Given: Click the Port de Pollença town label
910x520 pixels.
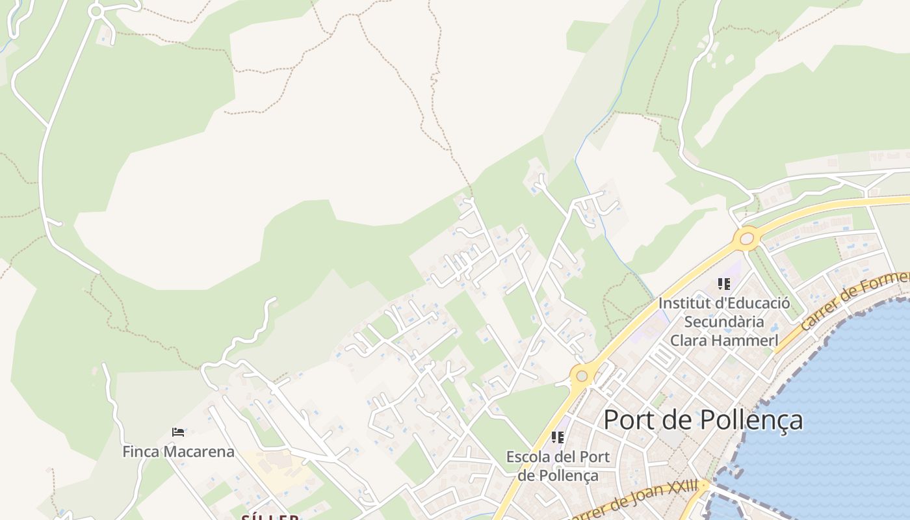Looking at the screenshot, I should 703,421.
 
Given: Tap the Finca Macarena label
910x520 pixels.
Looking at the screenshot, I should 178,451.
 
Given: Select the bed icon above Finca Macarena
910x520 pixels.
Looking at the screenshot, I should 178,432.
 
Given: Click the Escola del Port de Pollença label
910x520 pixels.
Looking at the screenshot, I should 558,465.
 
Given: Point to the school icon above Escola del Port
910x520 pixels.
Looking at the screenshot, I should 558,437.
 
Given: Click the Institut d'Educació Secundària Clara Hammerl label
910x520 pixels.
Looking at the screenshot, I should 724,321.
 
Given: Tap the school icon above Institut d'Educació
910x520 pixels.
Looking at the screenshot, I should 724,284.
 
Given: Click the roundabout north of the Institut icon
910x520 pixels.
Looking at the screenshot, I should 747,239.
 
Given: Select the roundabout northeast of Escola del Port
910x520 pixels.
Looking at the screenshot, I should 582,375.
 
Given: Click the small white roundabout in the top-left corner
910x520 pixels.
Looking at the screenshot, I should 96,11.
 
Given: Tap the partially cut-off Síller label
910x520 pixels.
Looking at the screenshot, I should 270,517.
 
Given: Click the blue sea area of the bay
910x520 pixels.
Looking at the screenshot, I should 845,403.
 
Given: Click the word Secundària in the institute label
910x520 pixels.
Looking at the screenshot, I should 724,322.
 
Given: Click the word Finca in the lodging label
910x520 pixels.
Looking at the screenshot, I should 141,451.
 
